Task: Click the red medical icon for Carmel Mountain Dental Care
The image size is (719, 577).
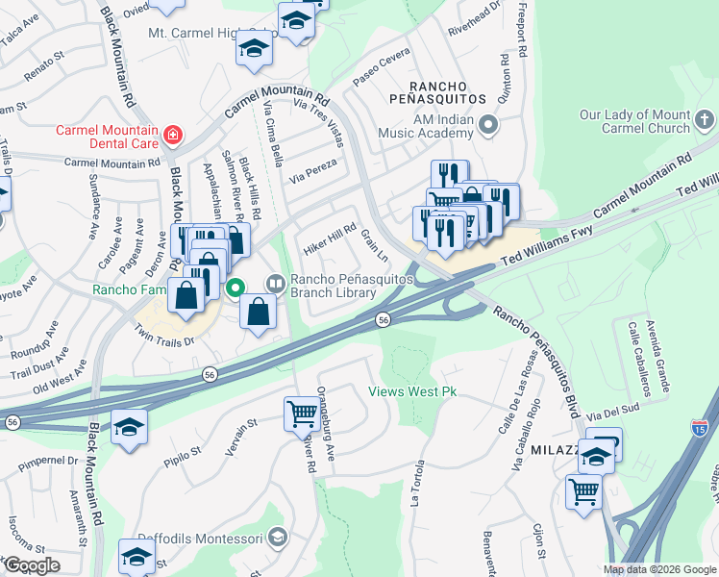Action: [x=172, y=135]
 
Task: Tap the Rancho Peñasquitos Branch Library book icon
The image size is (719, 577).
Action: [x=275, y=283]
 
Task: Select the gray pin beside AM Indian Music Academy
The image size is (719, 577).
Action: [x=489, y=124]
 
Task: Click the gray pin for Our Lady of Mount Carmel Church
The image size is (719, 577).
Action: [x=704, y=120]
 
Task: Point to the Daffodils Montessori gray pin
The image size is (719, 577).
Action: [x=278, y=537]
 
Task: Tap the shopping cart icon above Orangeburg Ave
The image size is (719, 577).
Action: [x=302, y=414]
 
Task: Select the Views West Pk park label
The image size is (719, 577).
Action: [x=412, y=391]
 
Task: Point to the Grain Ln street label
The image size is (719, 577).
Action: [x=374, y=244]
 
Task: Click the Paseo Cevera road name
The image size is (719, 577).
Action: [x=382, y=69]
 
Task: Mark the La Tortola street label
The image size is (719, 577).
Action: [x=416, y=487]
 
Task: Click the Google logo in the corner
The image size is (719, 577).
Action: [x=31, y=565]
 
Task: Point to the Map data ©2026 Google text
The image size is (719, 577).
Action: [x=658, y=569]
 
